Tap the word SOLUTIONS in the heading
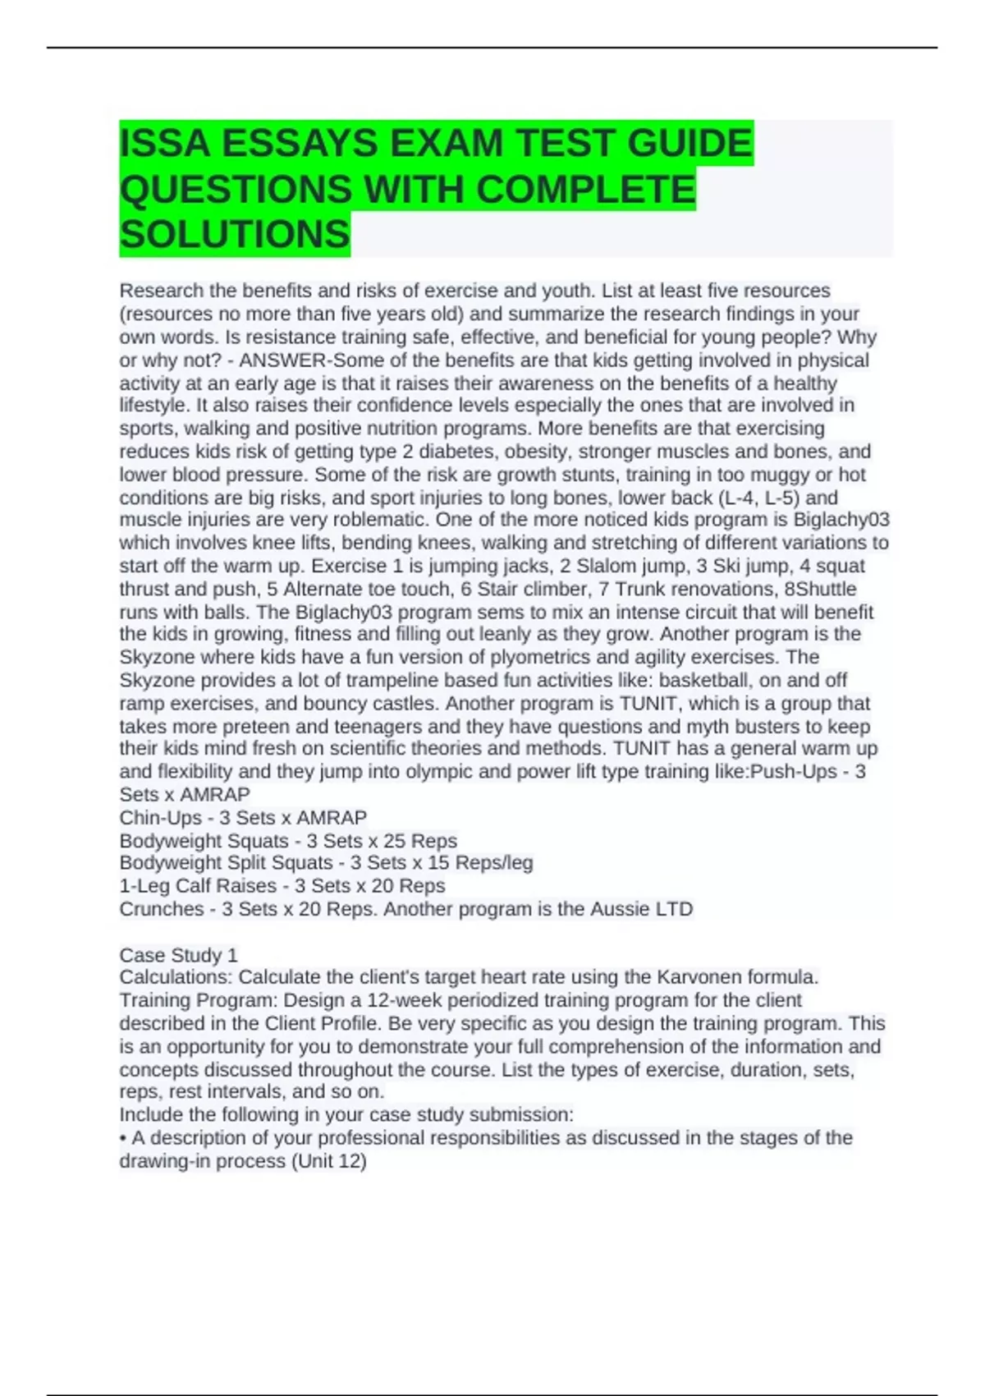[235, 235]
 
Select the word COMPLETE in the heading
[585, 190]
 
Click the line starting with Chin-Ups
[243, 818]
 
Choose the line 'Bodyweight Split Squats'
[326, 863]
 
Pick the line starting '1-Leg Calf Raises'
[282, 886]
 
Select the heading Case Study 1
[178, 955]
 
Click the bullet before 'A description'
[123, 1138]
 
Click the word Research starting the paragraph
[161, 291]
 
